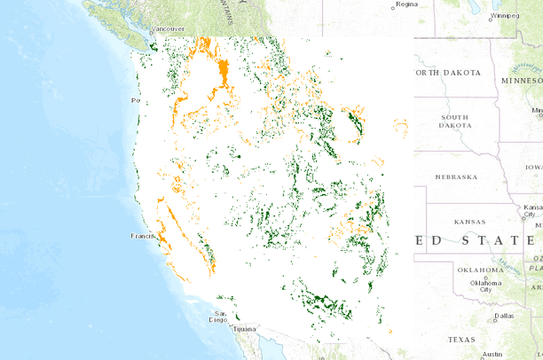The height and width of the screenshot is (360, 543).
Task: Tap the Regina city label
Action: [x=406, y=4]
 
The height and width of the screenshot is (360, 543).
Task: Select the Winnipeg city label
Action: [x=507, y=15]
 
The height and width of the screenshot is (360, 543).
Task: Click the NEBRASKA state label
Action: [x=456, y=176]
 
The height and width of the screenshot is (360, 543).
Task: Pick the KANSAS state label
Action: [x=468, y=221]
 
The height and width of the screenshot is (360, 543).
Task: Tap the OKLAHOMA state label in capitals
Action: [x=480, y=270]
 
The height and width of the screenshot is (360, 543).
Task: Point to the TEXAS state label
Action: [x=461, y=340]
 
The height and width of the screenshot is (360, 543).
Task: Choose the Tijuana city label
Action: [x=243, y=328]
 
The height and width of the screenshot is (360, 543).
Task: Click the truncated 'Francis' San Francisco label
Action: [x=143, y=236]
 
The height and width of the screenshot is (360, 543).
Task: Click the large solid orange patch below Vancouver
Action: [x=222, y=71]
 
